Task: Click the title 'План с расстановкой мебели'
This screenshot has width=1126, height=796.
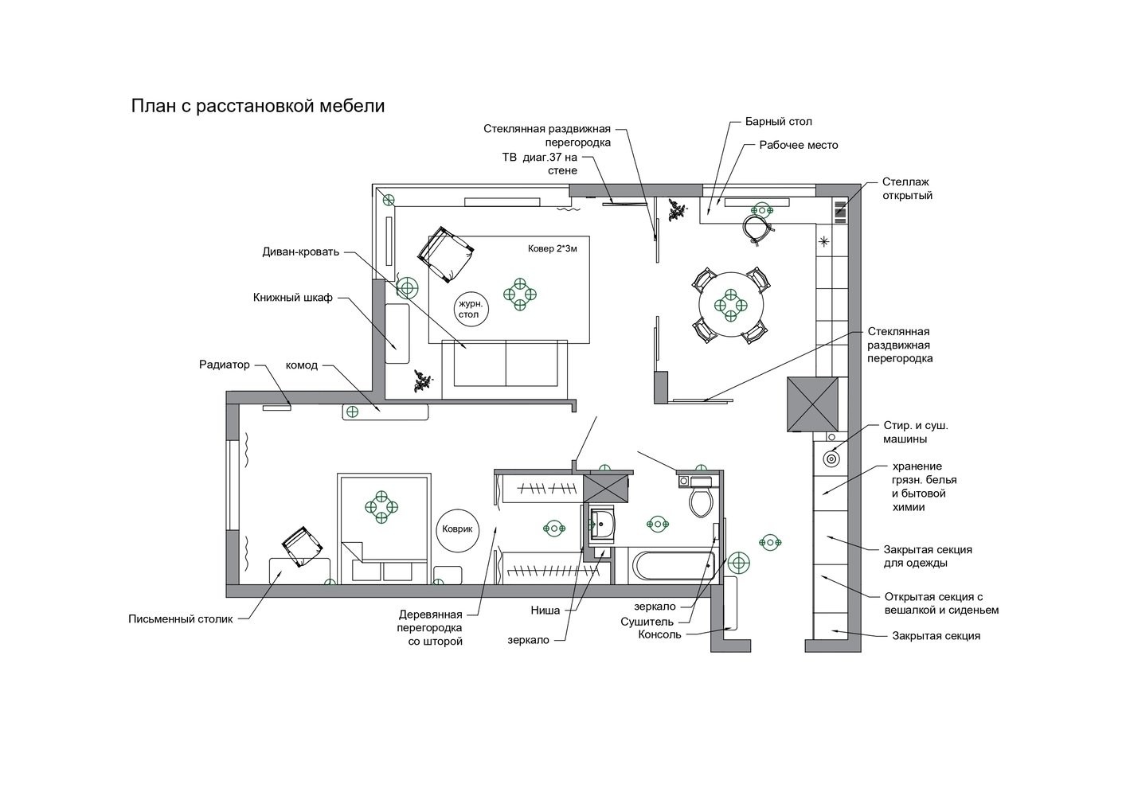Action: (258, 107)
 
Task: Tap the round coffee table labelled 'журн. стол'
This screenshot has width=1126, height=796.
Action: (471, 310)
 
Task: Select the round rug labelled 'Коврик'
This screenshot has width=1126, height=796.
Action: (457, 529)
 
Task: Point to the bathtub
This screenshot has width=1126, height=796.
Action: (672, 566)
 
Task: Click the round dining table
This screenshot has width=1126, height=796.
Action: (731, 305)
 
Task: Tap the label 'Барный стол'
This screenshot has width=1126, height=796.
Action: (779, 122)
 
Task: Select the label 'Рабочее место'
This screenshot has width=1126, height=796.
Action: (799, 145)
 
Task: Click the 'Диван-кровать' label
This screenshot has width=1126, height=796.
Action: (300, 252)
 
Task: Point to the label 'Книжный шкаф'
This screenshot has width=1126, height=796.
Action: (292, 298)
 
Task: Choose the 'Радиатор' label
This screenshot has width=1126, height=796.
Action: (225, 365)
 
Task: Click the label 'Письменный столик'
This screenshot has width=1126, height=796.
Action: (181, 619)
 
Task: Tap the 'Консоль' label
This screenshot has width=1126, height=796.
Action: (659, 634)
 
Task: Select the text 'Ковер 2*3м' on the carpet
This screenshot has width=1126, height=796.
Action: (553, 248)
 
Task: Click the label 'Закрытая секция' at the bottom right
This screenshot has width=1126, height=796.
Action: (936, 636)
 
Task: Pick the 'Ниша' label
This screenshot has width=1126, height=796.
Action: (545, 611)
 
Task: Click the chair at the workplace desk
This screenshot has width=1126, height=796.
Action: (757, 229)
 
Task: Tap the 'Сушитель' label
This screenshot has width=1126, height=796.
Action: (647, 622)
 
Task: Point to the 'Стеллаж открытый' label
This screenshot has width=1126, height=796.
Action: (907, 189)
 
